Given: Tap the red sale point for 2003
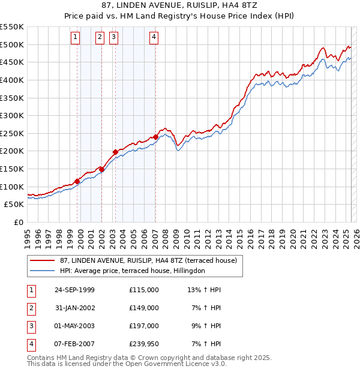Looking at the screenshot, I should tap(115, 152).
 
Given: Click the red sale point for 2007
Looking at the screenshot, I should tap(155, 137).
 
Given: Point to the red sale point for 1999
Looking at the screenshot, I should tap(77, 181).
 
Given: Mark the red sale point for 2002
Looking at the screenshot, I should tap(102, 169).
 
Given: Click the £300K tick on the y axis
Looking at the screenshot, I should tap(12, 115).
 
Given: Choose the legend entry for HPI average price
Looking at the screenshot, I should tap(132, 271).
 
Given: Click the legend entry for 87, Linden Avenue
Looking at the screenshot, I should tap(149, 260).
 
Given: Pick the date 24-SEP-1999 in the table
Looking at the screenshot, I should tap(74, 290).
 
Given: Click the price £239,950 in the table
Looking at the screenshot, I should tap(143, 344).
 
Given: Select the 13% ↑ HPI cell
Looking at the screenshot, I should tap(204, 290).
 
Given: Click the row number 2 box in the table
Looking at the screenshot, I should tap(30, 308).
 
